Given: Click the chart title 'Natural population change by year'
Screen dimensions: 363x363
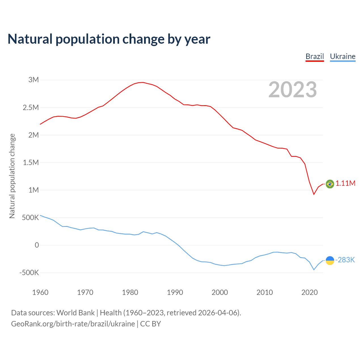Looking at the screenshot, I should [x=109, y=39].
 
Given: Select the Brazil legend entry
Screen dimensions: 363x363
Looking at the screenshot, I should [x=315, y=56].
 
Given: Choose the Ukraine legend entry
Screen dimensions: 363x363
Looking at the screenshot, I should [x=343, y=56].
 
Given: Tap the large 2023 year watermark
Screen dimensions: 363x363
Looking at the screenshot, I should [x=292, y=90].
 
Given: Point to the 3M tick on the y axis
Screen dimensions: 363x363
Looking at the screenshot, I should [x=33, y=80].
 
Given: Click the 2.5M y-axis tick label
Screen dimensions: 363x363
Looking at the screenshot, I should [x=31, y=107].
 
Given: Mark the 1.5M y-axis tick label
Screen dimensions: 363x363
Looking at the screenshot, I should [x=31, y=162].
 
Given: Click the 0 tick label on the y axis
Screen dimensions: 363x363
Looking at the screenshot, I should [x=37, y=245].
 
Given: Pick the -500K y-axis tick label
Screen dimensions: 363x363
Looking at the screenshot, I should [x=29, y=273].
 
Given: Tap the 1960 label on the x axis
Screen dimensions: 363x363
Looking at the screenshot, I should [x=40, y=292].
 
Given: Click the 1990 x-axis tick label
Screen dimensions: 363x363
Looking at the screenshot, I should [x=175, y=292].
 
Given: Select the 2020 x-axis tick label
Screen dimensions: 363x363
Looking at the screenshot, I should [x=309, y=292].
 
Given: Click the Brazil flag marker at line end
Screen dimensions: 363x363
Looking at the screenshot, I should [x=330, y=184].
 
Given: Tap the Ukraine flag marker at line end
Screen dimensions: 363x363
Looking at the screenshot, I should [x=330, y=260].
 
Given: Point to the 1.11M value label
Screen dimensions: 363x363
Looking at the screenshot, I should [x=345, y=183].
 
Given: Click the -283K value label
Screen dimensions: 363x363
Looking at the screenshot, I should [x=345, y=260].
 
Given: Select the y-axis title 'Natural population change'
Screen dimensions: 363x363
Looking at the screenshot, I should [x=12, y=176].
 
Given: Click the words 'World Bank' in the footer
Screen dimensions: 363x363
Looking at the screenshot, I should [x=75, y=313].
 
